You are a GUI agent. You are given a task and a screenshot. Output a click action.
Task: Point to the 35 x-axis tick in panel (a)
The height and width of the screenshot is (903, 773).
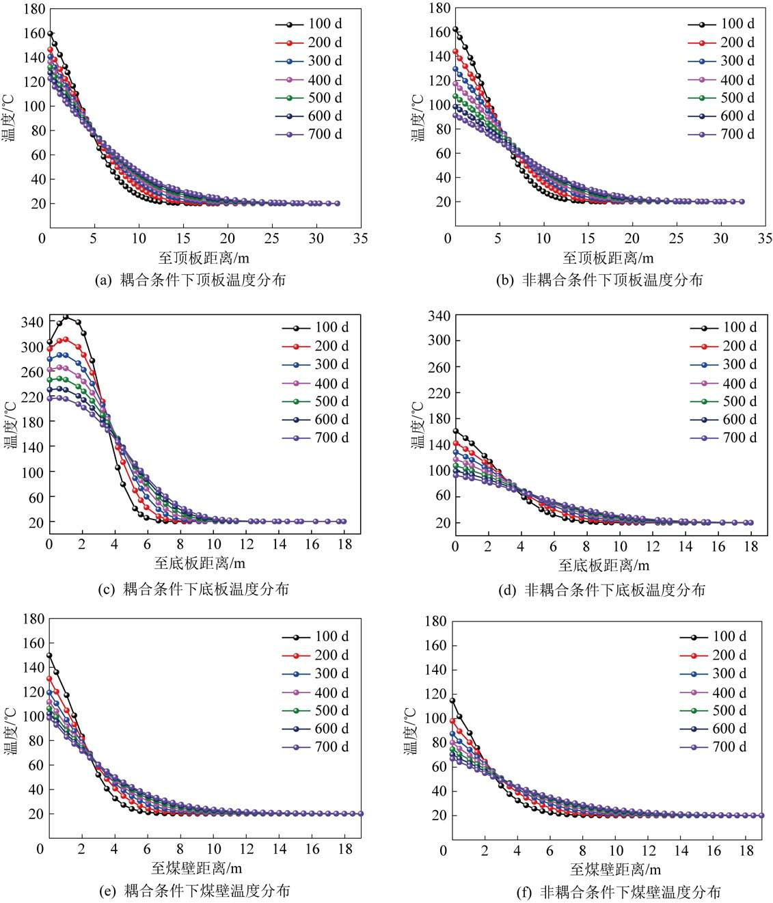pos(360,238)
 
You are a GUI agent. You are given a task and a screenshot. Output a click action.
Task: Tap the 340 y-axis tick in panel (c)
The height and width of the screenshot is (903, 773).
pos(31,322)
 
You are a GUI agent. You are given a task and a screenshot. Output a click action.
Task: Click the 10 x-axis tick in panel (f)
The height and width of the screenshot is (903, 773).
pos(616,850)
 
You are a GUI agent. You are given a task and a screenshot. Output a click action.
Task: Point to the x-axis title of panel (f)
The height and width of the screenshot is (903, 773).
pos(615,870)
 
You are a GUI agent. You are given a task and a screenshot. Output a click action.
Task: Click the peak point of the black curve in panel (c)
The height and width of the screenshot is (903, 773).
pos(66,317)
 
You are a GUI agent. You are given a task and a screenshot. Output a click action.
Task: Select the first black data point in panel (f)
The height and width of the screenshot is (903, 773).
pos(452,701)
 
